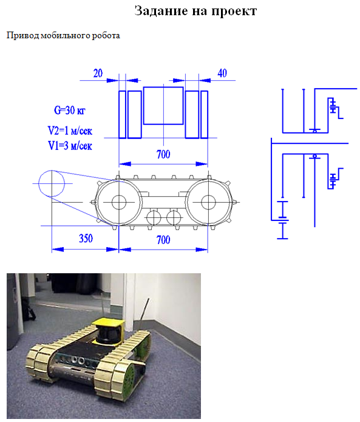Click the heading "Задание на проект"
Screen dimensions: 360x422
coord(195,11)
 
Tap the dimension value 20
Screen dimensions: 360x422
coord(98,73)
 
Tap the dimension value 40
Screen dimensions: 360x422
coord(222,73)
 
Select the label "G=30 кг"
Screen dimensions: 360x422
coord(70,110)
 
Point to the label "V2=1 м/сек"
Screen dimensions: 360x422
coord(70,131)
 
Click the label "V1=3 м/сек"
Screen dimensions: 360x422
coord(70,146)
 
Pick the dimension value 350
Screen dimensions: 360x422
coord(86,238)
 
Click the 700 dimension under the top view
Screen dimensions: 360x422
coord(163,154)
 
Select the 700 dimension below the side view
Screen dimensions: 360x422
coord(163,239)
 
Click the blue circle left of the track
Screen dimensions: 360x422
coord(52,171)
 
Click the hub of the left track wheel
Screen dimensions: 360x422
coord(119,202)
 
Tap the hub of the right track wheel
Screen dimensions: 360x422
coord(208,202)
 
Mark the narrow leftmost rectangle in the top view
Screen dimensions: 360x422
coord(119,115)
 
